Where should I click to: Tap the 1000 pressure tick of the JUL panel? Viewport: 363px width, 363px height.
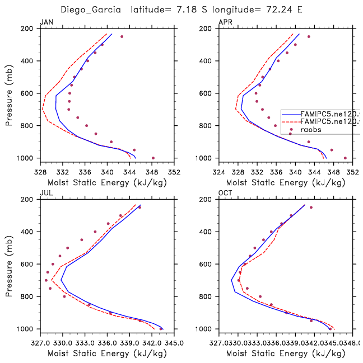pos(27,329)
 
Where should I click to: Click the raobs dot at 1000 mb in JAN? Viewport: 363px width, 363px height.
pos(153,158)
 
